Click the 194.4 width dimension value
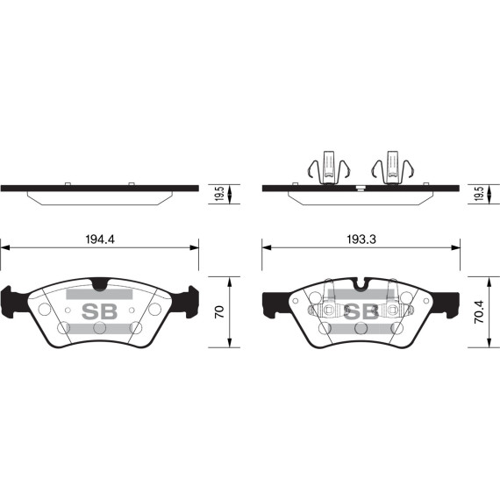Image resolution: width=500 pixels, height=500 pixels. tap(100, 238)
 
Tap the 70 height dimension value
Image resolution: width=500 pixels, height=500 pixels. tap(220, 311)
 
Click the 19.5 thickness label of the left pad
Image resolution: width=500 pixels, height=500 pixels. tap(220, 193)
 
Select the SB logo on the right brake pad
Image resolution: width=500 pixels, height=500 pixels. tap(361, 311)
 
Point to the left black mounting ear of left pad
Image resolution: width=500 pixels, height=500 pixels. tap(16, 301)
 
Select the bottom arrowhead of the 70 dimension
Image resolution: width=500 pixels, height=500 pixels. tap(230, 345)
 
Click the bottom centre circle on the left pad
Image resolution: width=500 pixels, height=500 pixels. tap(99, 328)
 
